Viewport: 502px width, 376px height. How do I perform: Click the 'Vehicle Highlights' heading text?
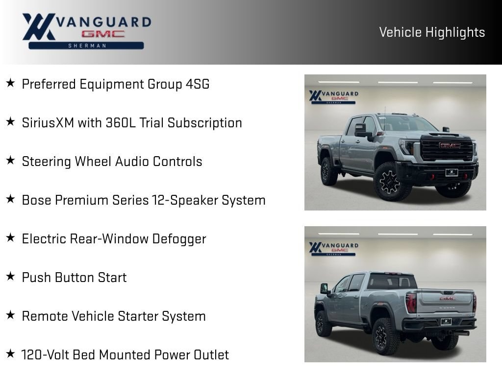[432, 32]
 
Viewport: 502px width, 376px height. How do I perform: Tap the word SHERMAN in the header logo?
[87, 46]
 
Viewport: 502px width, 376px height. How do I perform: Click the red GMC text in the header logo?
[102, 34]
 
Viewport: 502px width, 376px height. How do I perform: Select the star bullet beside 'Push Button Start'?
[10, 276]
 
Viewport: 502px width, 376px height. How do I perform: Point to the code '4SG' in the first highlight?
[198, 84]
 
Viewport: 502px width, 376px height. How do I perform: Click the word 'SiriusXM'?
[48, 123]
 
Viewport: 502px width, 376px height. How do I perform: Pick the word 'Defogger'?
[179, 239]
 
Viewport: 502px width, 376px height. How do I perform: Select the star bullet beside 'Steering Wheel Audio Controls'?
[10, 160]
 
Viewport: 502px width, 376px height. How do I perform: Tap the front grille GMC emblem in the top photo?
[450, 146]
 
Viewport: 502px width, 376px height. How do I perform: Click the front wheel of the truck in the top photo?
[390, 182]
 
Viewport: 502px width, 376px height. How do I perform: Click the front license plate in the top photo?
[452, 173]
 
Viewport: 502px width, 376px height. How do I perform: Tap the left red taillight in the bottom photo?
[411, 303]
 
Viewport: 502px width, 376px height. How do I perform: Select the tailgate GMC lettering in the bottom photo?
[448, 298]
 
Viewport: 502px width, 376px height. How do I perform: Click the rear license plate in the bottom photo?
[446, 322]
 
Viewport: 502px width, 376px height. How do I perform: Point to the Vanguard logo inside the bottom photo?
[333, 249]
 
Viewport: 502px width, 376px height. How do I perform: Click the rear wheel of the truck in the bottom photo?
[382, 336]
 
